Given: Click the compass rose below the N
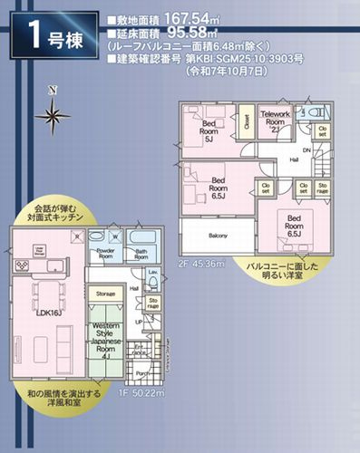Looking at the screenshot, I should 54,114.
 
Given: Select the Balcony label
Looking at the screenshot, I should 219,235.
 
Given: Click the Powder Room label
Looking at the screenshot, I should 105,253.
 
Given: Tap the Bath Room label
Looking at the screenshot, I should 141,254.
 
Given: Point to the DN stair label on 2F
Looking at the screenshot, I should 306,150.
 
